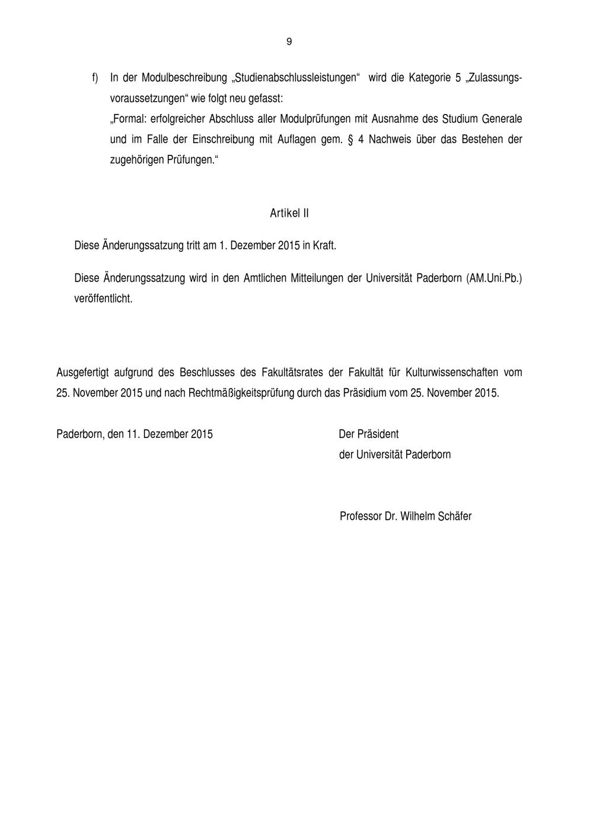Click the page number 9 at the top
click(289, 42)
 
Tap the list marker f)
click(95, 78)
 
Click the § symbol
click(350, 140)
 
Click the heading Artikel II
click(289, 213)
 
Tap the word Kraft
click(324, 245)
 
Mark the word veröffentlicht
click(103, 298)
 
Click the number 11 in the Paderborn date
click(132, 434)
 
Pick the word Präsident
click(378, 434)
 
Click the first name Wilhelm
click(417, 516)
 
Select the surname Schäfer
click(455, 516)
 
